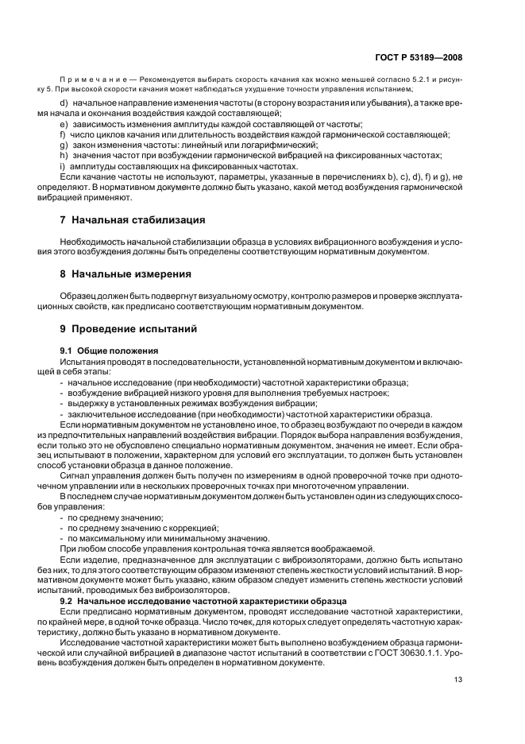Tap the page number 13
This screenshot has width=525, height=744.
(x=458, y=680)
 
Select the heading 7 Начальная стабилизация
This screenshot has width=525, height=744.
(x=133, y=219)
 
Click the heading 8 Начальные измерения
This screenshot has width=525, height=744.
(x=125, y=274)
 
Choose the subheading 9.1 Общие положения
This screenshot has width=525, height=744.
(x=109, y=351)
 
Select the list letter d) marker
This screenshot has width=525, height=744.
(x=64, y=104)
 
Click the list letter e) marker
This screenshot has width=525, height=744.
(x=64, y=125)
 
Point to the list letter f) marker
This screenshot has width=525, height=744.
(x=63, y=135)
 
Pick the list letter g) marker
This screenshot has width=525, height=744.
(x=64, y=145)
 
